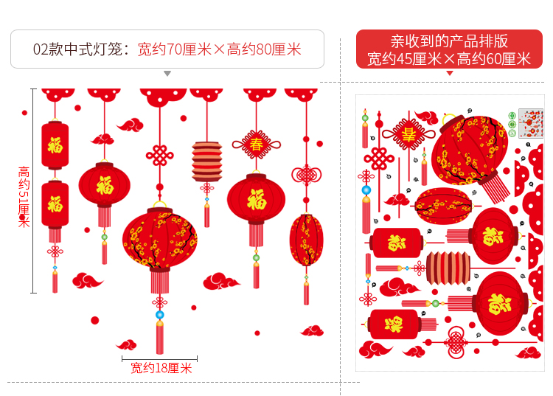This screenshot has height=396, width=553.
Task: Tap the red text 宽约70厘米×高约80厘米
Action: pos(220,49)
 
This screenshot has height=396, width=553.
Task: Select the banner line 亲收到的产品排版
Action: pos(449,41)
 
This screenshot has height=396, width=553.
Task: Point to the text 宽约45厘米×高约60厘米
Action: pos(449,59)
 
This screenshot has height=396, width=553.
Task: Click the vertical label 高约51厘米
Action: pos(24,196)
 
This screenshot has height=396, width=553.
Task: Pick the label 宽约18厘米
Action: pos(161,368)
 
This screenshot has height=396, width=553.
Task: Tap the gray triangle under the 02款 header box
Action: pos(167,74)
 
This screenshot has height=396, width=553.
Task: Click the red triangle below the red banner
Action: pos(449,73)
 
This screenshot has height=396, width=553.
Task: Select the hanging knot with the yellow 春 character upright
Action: pos(256,140)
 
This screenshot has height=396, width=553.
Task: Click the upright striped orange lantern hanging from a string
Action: pos(207,161)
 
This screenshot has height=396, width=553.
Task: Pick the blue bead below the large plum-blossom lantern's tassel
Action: pos(159,315)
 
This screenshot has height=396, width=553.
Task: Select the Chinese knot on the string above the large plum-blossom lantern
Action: pos(159,156)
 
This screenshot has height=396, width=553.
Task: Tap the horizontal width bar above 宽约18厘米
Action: pos(160,358)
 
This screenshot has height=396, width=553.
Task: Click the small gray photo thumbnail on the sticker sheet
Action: pos(531,122)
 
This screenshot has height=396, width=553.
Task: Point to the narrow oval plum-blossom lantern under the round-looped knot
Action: pos(306,240)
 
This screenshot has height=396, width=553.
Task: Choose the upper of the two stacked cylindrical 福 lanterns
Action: pos(55,145)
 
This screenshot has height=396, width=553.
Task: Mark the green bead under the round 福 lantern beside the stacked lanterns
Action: pos(104,237)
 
